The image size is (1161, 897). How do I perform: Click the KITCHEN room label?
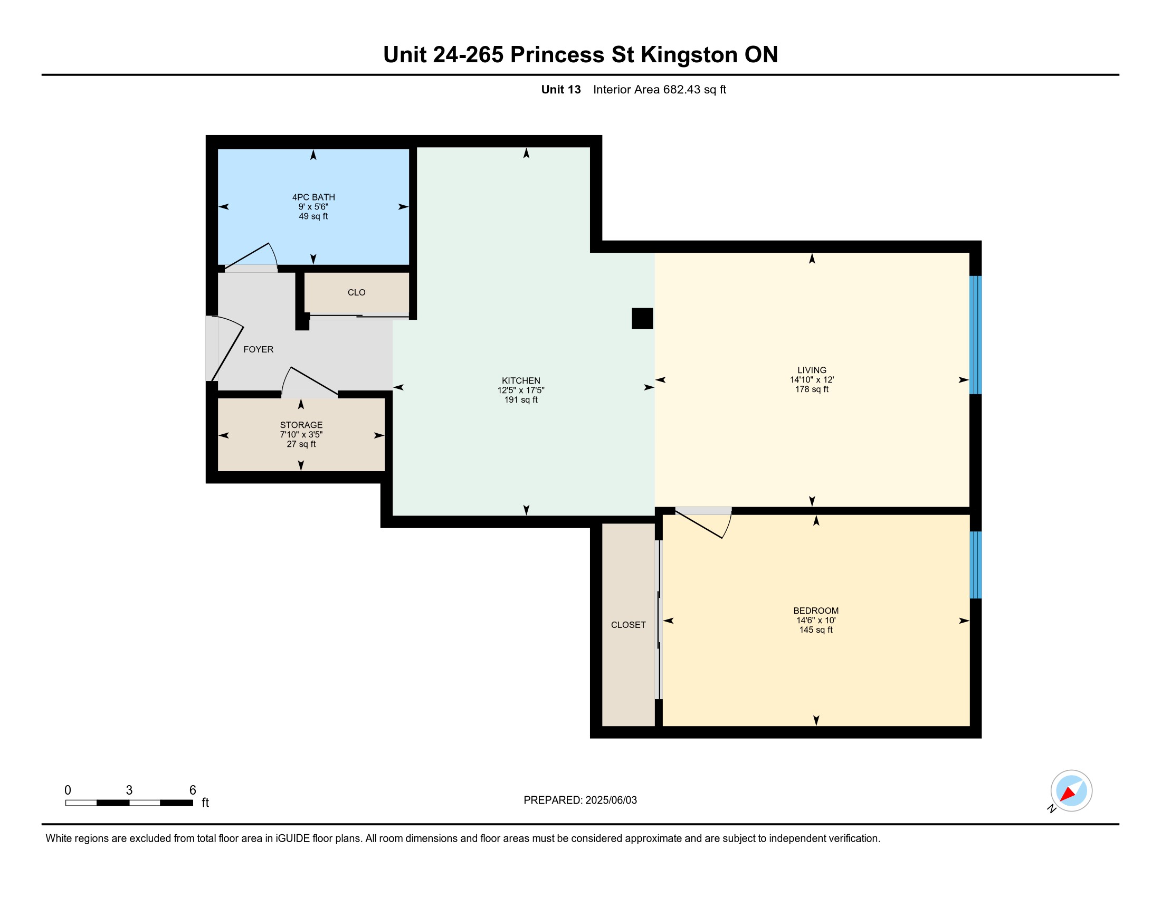(521, 380)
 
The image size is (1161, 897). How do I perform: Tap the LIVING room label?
(812, 370)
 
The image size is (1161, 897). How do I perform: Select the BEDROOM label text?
(816, 610)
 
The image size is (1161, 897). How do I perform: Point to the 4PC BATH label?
(313, 197)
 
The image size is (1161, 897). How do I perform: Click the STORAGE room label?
(301, 425)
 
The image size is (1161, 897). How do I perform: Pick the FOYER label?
(259, 349)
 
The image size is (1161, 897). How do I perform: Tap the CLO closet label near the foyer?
(357, 292)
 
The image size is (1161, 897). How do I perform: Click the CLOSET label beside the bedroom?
(629, 625)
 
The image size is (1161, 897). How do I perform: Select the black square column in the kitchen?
(642, 318)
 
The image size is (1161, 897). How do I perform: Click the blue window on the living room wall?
(975, 335)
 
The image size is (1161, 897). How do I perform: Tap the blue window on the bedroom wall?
(975, 565)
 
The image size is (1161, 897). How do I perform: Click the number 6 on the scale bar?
(193, 790)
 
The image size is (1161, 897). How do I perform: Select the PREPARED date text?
(580, 800)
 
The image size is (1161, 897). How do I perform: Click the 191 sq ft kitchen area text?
(521, 399)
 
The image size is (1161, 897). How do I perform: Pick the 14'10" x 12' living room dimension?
(812, 379)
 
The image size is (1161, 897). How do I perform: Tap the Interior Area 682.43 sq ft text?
(660, 89)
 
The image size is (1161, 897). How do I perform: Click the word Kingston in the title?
(689, 55)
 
